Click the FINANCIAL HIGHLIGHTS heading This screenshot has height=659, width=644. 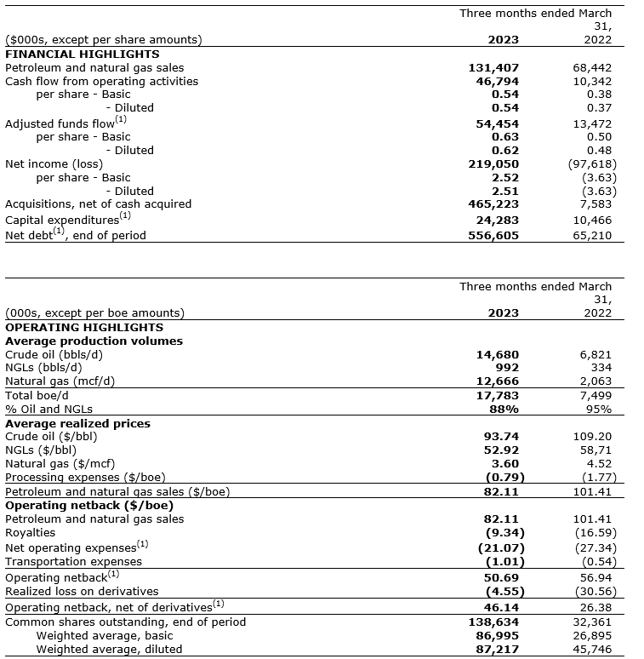click(x=82, y=54)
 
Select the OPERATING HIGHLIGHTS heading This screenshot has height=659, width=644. click(x=83, y=327)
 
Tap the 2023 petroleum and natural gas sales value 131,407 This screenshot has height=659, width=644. click(x=493, y=67)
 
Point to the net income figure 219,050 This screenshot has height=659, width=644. click(x=493, y=163)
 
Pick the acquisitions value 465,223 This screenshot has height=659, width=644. click(x=493, y=204)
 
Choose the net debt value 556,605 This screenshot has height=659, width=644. click(x=493, y=235)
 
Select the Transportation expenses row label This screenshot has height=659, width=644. click(x=73, y=561)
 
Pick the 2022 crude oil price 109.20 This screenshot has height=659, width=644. click(x=592, y=437)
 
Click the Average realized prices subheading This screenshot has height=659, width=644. click(x=77, y=423)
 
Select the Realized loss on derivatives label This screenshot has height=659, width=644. click(x=82, y=591)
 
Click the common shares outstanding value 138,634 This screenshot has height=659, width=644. click(x=493, y=622)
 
